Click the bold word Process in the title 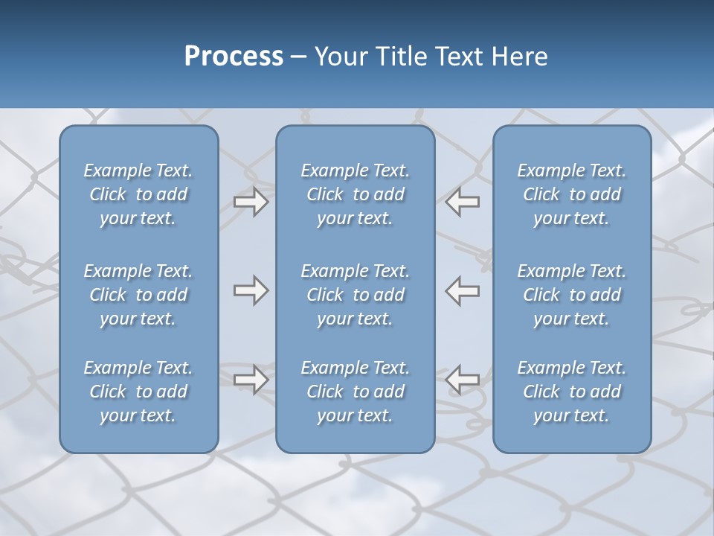[x=234, y=57]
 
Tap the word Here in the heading [x=518, y=57]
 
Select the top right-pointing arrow [x=251, y=202]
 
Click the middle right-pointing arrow [x=251, y=290]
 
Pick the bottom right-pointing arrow [x=251, y=380]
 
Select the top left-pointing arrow [x=463, y=202]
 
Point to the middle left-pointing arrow [x=463, y=290]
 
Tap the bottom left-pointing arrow [x=463, y=380]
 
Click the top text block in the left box [x=138, y=194]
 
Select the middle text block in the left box [x=138, y=295]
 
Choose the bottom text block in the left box [x=138, y=392]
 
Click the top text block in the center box [x=356, y=194]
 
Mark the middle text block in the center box [x=356, y=295]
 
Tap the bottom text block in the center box [x=356, y=392]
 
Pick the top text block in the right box [x=572, y=194]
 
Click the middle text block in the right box [x=572, y=295]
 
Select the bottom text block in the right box [x=572, y=392]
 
